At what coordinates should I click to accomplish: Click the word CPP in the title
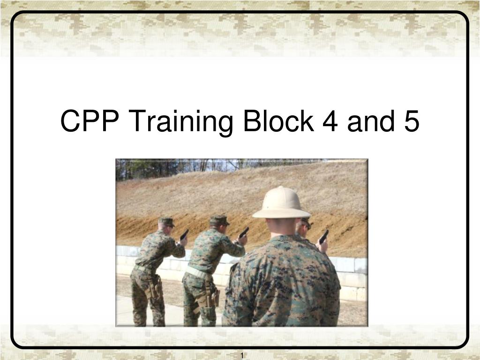tap(89, 121)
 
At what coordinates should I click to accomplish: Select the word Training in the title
tap(181, 121)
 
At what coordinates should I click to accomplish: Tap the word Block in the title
tap(278, 121)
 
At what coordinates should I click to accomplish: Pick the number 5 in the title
tap(410, 121)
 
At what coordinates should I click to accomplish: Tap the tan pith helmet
tap(281, 202)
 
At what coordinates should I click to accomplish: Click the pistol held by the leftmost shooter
tap(184, 235)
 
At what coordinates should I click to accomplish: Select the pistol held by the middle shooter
tap(244, 232)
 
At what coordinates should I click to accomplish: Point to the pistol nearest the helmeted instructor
tap(323, 236)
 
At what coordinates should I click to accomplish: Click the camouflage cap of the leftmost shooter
tap(166, 222)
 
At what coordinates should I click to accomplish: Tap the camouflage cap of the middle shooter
tap(219, 219)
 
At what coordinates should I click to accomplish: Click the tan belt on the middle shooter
tap(197, 272)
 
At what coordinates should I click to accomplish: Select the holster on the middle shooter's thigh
tap(215, 297)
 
